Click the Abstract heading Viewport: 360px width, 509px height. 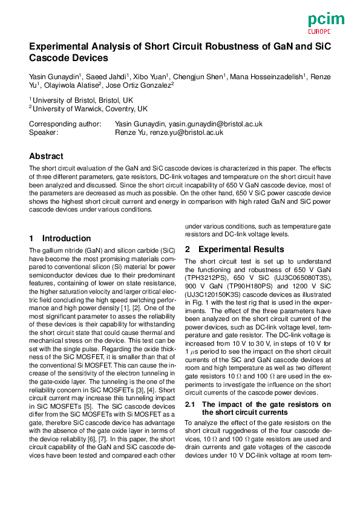pos(46,155)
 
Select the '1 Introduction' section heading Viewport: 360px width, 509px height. pos(61,238)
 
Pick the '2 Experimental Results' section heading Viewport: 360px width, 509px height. pos(234,249)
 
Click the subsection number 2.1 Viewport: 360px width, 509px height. pos(191,404)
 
